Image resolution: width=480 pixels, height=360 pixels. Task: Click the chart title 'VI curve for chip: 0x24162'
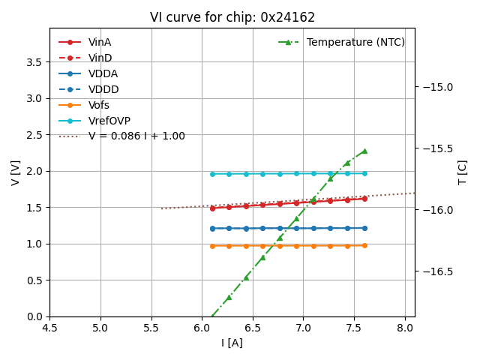pyautogui.click(x=232, y=17)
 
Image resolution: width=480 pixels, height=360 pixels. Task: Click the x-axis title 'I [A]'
pyautogui.click(x=232, y=343)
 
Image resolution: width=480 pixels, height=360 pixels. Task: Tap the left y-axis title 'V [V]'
pyautogui.click(x=16, y=172)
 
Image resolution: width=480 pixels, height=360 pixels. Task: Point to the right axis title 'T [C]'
pyautogui.click(x=462, y=172)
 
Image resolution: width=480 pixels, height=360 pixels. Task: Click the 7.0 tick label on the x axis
pyautogui.click(x=304, y=328)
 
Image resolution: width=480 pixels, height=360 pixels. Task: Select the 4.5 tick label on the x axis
pyautogui.click(x=49, y=328)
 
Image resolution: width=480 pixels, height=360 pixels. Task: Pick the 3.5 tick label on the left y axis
pyautogui.click(x=34, y=61)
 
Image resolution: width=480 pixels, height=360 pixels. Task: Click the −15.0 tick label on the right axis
pyautogui.click(x=436, y=87)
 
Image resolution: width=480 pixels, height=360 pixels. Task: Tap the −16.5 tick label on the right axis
pyautogui.click(x=436, y=271)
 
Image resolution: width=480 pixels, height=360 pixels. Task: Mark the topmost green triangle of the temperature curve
pyautogui.click(x=364, y=151)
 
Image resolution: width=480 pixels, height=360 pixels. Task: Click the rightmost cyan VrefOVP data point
pyautogui.click(x=364, y=173)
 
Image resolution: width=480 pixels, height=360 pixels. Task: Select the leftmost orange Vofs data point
pyautogui.click(x=212, y=246)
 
